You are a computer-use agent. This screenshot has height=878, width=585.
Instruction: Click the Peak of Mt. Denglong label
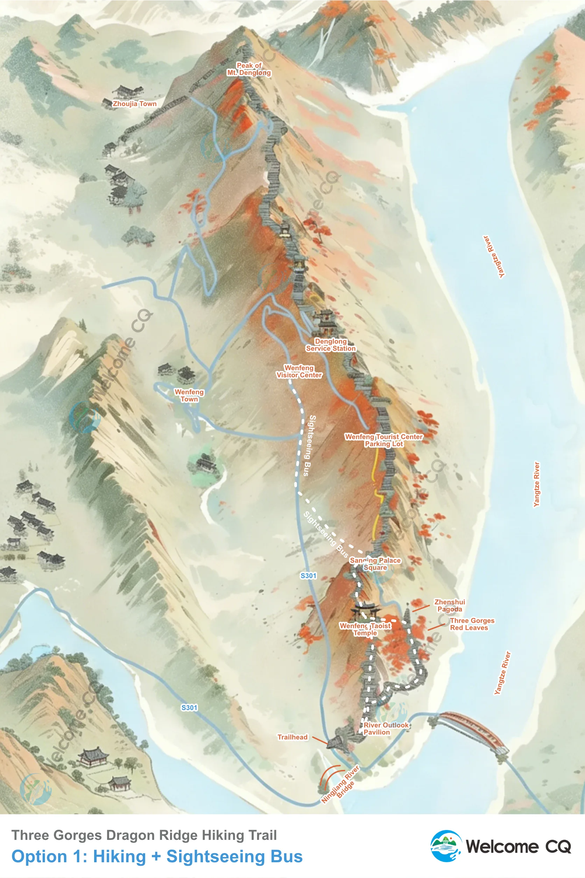(249, 69)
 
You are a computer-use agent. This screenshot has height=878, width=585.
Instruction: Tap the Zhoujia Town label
(135, 104)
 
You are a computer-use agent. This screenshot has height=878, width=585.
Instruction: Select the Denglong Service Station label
(331, 345)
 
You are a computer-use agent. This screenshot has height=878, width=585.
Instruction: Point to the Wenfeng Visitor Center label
(299, 371)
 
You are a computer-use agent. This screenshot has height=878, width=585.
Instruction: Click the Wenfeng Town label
(189, 395)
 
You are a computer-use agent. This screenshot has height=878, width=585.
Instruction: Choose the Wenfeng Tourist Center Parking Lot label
(383, 440)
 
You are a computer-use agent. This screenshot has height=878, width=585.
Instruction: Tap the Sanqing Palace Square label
(375, 564)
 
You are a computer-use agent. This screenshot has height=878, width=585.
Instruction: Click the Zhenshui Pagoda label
(450, 605)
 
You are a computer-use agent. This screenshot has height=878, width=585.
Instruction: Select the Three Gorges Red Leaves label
(472, 624)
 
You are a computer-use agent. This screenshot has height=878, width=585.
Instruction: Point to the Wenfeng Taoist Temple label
(365, 629)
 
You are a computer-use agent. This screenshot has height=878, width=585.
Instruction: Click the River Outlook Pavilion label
(386, 728)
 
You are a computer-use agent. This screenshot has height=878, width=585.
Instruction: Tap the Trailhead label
(292, 737)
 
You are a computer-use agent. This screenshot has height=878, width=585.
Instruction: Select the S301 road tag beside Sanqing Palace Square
(309, 576)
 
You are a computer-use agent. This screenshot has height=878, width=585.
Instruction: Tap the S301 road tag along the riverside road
(189, 708)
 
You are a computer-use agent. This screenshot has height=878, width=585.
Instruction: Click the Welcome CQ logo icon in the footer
(446, 846)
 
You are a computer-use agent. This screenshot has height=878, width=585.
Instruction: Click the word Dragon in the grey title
(129, 835)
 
